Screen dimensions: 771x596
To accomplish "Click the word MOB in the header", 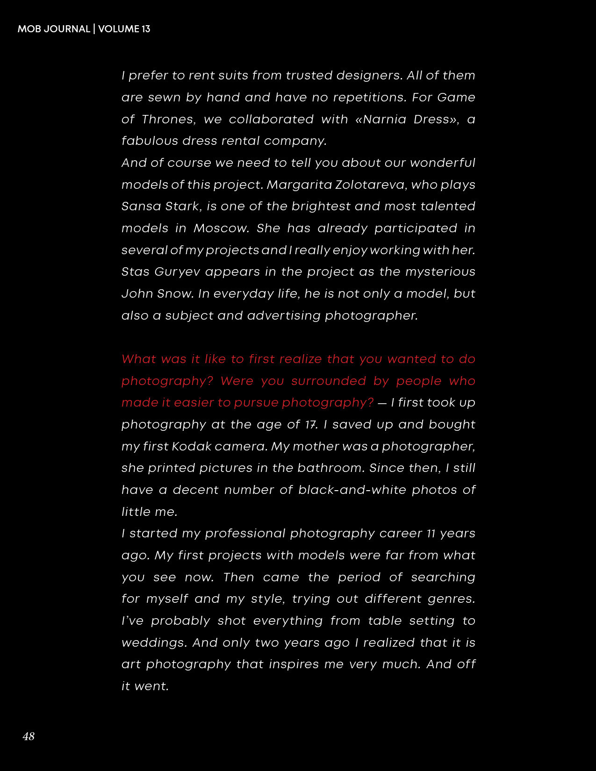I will (28, 29).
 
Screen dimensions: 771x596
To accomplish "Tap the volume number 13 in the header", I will (145, 29).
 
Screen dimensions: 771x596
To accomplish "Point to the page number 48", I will (29, 736).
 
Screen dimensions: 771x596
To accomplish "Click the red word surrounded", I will (328, 381).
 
